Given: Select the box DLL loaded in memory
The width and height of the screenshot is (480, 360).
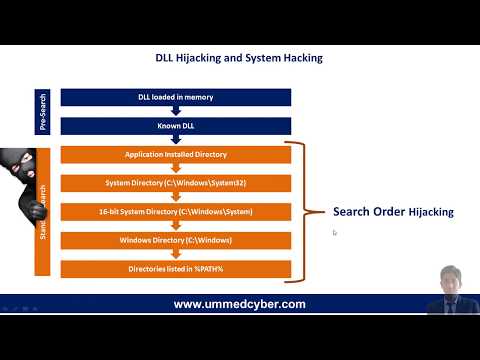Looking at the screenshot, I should click(x=175, y=97).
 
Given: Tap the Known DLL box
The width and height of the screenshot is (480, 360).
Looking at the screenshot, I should click(x=175, y=126).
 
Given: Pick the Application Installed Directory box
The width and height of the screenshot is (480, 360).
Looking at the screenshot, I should click(x=175, y=155).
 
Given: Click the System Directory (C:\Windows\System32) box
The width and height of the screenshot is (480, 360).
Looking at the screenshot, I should click(x=175, y=183).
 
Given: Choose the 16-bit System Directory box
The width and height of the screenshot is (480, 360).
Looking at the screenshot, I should click(x=175, y=212).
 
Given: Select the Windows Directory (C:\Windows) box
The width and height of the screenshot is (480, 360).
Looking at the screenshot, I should click(x=175, y=241).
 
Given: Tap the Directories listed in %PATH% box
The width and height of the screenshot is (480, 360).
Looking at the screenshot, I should click(x=175, y=269).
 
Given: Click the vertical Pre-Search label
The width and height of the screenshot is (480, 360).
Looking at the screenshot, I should click(x=43, y=112).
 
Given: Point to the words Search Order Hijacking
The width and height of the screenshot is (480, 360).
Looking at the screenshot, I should click(x=393, y=212).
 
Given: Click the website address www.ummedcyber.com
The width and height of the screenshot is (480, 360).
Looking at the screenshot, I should click(x=239, y=304).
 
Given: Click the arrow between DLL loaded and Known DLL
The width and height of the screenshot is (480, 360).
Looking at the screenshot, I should click(x=175, y=112).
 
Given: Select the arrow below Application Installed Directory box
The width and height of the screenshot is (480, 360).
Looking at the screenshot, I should click(x=175, y=169).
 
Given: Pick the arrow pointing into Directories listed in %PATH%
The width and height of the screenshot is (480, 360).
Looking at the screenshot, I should click(x=175, y=255).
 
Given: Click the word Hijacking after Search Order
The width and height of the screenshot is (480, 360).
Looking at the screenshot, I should click(x=430, y=212).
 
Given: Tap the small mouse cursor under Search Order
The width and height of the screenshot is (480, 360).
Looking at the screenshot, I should click(x=334, y=233).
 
